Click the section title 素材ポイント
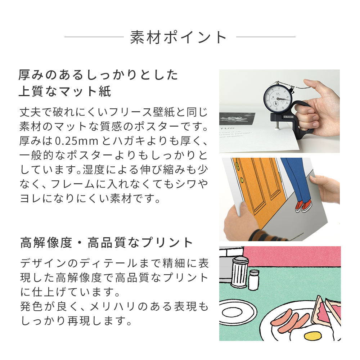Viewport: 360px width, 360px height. tap(179, 37)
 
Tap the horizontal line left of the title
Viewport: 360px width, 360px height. tap(94, 37)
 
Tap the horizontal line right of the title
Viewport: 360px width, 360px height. tap(266, 37)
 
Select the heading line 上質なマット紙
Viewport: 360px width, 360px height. tap(65, 91)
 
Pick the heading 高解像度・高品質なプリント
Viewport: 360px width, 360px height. tap(107, 243)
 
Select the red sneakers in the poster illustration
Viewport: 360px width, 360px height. tap(303, 206)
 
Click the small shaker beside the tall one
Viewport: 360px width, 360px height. tap(254, 280)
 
